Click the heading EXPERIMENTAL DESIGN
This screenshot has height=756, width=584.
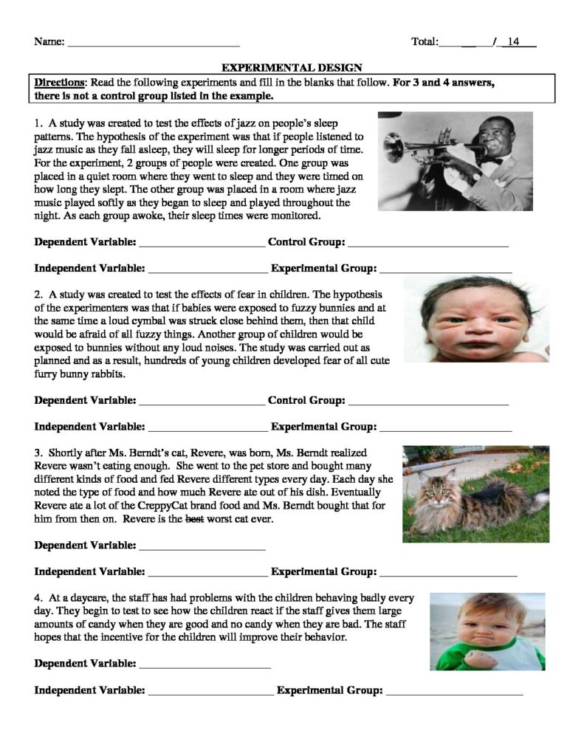coord(292,66)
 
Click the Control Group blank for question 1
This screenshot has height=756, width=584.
coord(427,243)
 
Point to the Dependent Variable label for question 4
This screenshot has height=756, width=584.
coord(85,664)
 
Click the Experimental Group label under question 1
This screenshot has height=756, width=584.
coord(324,268)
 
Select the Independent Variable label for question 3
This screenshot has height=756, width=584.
coord(89,572)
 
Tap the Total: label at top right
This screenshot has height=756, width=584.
coord(425,42)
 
